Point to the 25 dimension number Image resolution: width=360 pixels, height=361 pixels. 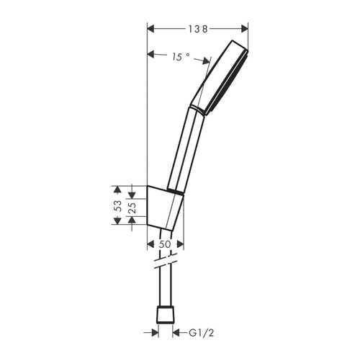click(x=133, y=206)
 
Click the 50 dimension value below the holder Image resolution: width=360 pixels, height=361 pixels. click(x=166, y=245)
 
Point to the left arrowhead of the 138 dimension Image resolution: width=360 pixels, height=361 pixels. click(x=151, y=29)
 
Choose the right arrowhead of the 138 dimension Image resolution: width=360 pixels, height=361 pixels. click(x=244, y=29)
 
